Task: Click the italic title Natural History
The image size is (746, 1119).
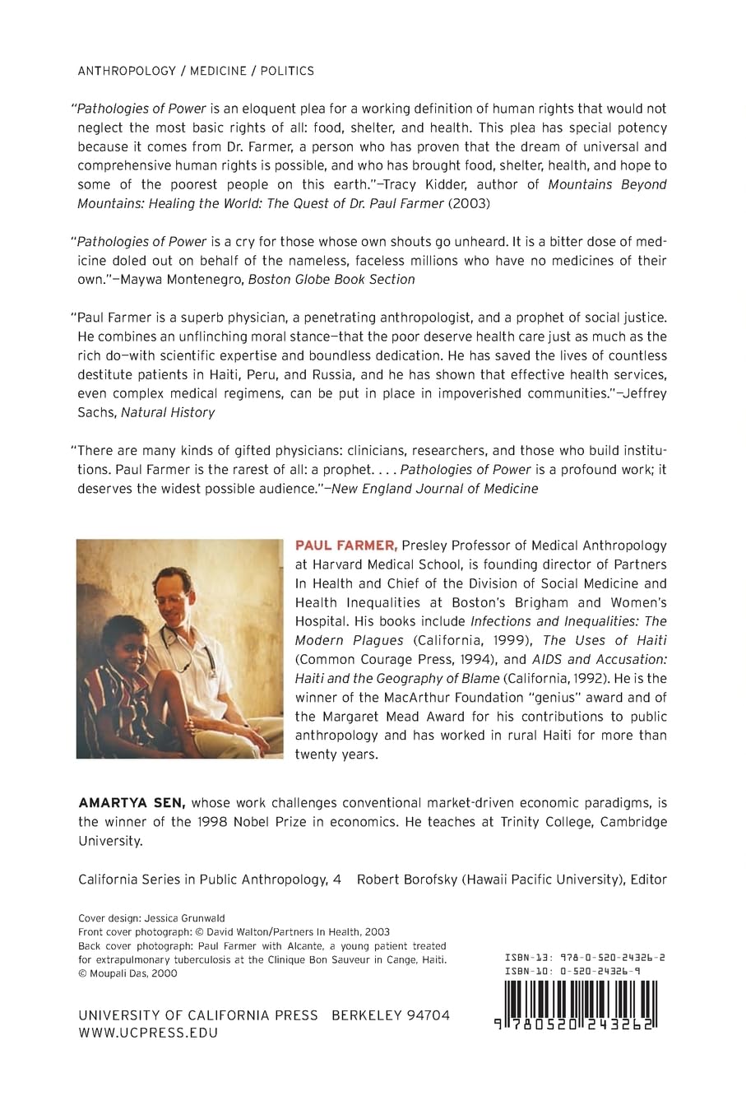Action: (x=168, y=412)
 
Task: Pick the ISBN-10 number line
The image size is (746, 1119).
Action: (x=573, y=971)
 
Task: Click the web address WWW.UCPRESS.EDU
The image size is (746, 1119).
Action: (x=148, y=1033)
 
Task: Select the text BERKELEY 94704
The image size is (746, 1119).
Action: (x=391, y=1015)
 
